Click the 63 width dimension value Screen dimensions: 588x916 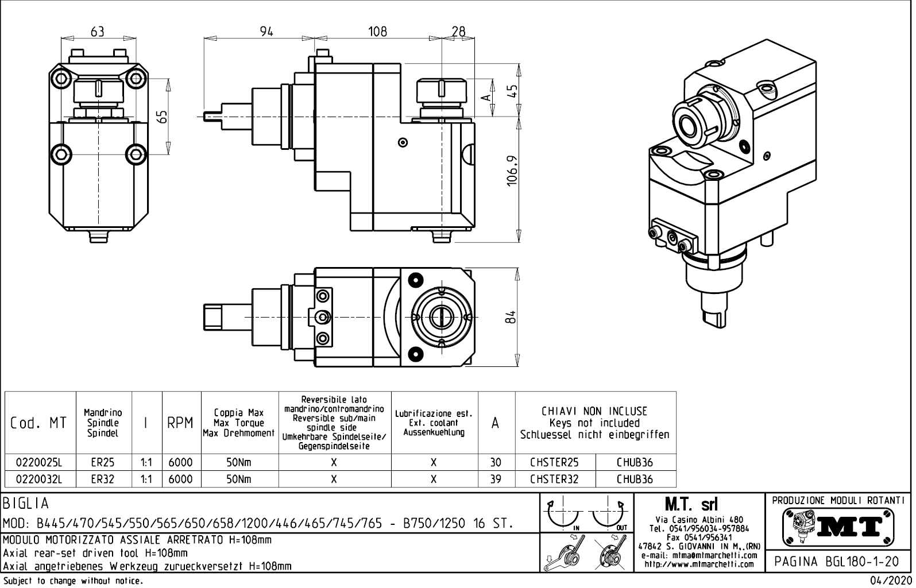point(98,32)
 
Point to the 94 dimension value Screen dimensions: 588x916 point(266,32)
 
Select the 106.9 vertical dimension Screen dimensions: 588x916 point(513,171)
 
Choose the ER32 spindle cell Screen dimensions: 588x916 point(103,479)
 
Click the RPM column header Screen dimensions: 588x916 point(180,424)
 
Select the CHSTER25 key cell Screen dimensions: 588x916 point(554,462)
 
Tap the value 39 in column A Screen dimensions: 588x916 point(496,479)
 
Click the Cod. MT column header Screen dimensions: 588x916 point(38,424)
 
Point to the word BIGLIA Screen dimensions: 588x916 point(26,504)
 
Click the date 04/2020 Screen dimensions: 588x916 point(891,581)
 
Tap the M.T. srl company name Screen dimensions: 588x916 point(691,505)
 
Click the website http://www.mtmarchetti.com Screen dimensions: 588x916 point(699,564)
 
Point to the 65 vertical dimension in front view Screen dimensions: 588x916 point(163,117)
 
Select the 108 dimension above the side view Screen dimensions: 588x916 point(377,32)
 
